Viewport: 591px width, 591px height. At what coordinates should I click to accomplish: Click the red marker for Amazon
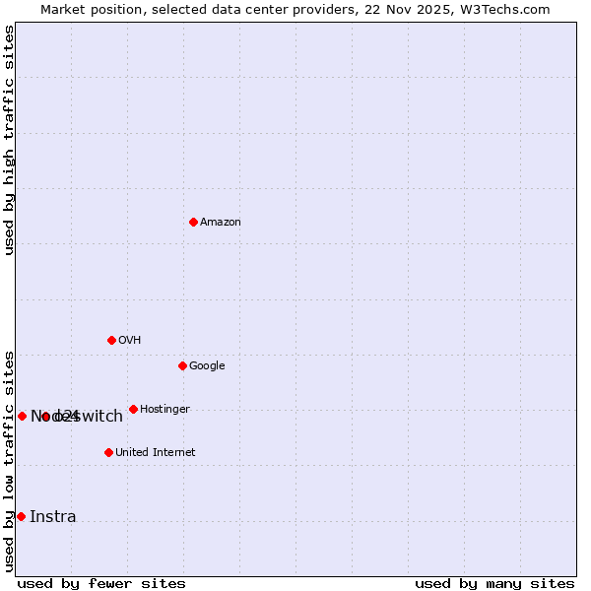193,222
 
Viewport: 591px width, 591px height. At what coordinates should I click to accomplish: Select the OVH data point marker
111,340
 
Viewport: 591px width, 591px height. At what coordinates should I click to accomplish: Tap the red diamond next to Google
182,365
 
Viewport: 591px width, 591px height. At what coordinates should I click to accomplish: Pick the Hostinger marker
133,409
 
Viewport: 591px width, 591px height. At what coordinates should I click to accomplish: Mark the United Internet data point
108,452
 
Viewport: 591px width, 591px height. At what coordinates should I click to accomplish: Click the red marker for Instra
21,516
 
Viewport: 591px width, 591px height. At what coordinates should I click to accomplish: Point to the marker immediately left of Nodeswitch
22,416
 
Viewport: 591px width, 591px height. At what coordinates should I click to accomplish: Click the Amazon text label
221,223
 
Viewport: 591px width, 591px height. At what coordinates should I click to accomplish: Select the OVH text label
130,341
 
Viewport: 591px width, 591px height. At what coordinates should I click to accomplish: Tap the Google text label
207,366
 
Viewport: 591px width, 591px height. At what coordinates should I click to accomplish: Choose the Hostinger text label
164,410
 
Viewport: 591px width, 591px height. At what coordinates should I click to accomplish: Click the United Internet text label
156,453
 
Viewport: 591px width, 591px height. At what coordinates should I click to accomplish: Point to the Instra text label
53,517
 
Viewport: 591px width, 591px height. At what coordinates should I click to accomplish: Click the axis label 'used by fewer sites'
101,583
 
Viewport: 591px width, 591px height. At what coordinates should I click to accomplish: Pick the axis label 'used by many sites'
494,583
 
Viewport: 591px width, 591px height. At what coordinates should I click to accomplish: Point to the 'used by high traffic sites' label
10,140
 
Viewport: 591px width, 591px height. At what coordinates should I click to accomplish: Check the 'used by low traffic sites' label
10,460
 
